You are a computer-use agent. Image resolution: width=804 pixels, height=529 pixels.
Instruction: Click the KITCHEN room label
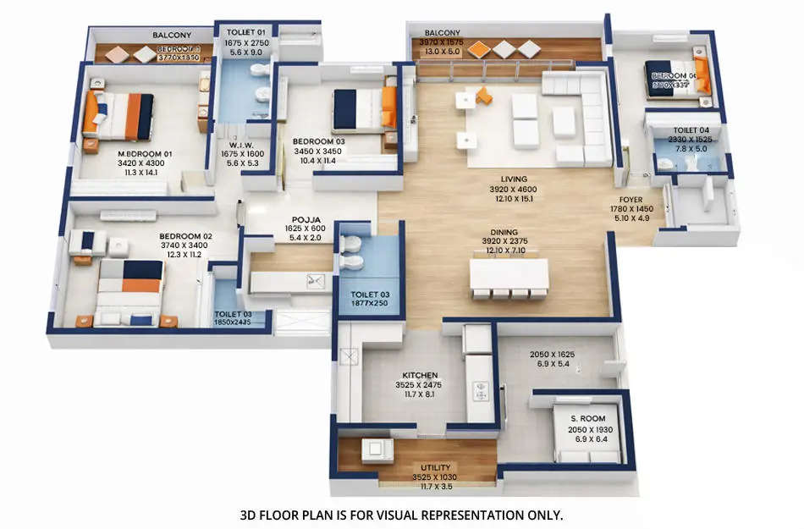420,375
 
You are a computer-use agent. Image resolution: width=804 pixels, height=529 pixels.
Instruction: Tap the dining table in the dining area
509,275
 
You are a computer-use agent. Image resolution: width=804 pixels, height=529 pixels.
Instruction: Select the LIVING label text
514,179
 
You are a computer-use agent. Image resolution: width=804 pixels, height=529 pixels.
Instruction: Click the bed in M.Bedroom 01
118,116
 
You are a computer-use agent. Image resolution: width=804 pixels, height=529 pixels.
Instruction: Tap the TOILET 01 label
246,32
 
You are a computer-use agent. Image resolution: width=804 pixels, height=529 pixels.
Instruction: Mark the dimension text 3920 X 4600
514,190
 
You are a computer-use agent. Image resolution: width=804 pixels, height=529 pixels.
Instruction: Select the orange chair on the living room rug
483,95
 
